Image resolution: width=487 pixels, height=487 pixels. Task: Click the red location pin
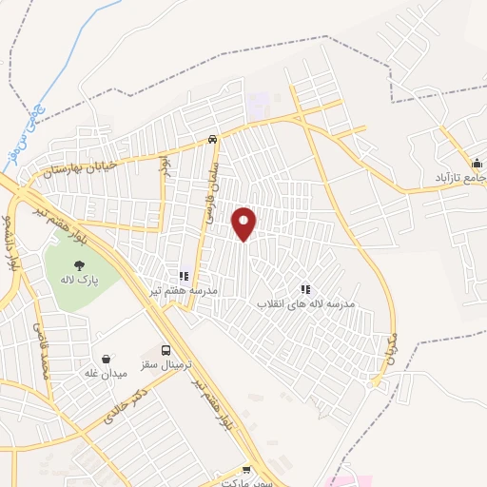click(244, 223)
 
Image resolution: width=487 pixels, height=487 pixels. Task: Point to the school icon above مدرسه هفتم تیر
click(183, 277)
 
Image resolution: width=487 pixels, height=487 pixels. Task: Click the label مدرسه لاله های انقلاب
click(305, 303)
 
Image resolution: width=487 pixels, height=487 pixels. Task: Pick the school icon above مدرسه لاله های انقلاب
click(305, 288)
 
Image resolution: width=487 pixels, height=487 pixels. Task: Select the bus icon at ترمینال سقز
click(167, 350)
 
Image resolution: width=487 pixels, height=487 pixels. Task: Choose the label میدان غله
click(107, 373)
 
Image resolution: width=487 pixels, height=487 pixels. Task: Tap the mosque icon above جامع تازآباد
click(477, 162)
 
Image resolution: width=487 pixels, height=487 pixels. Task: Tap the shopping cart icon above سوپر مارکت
click(247, 469)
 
